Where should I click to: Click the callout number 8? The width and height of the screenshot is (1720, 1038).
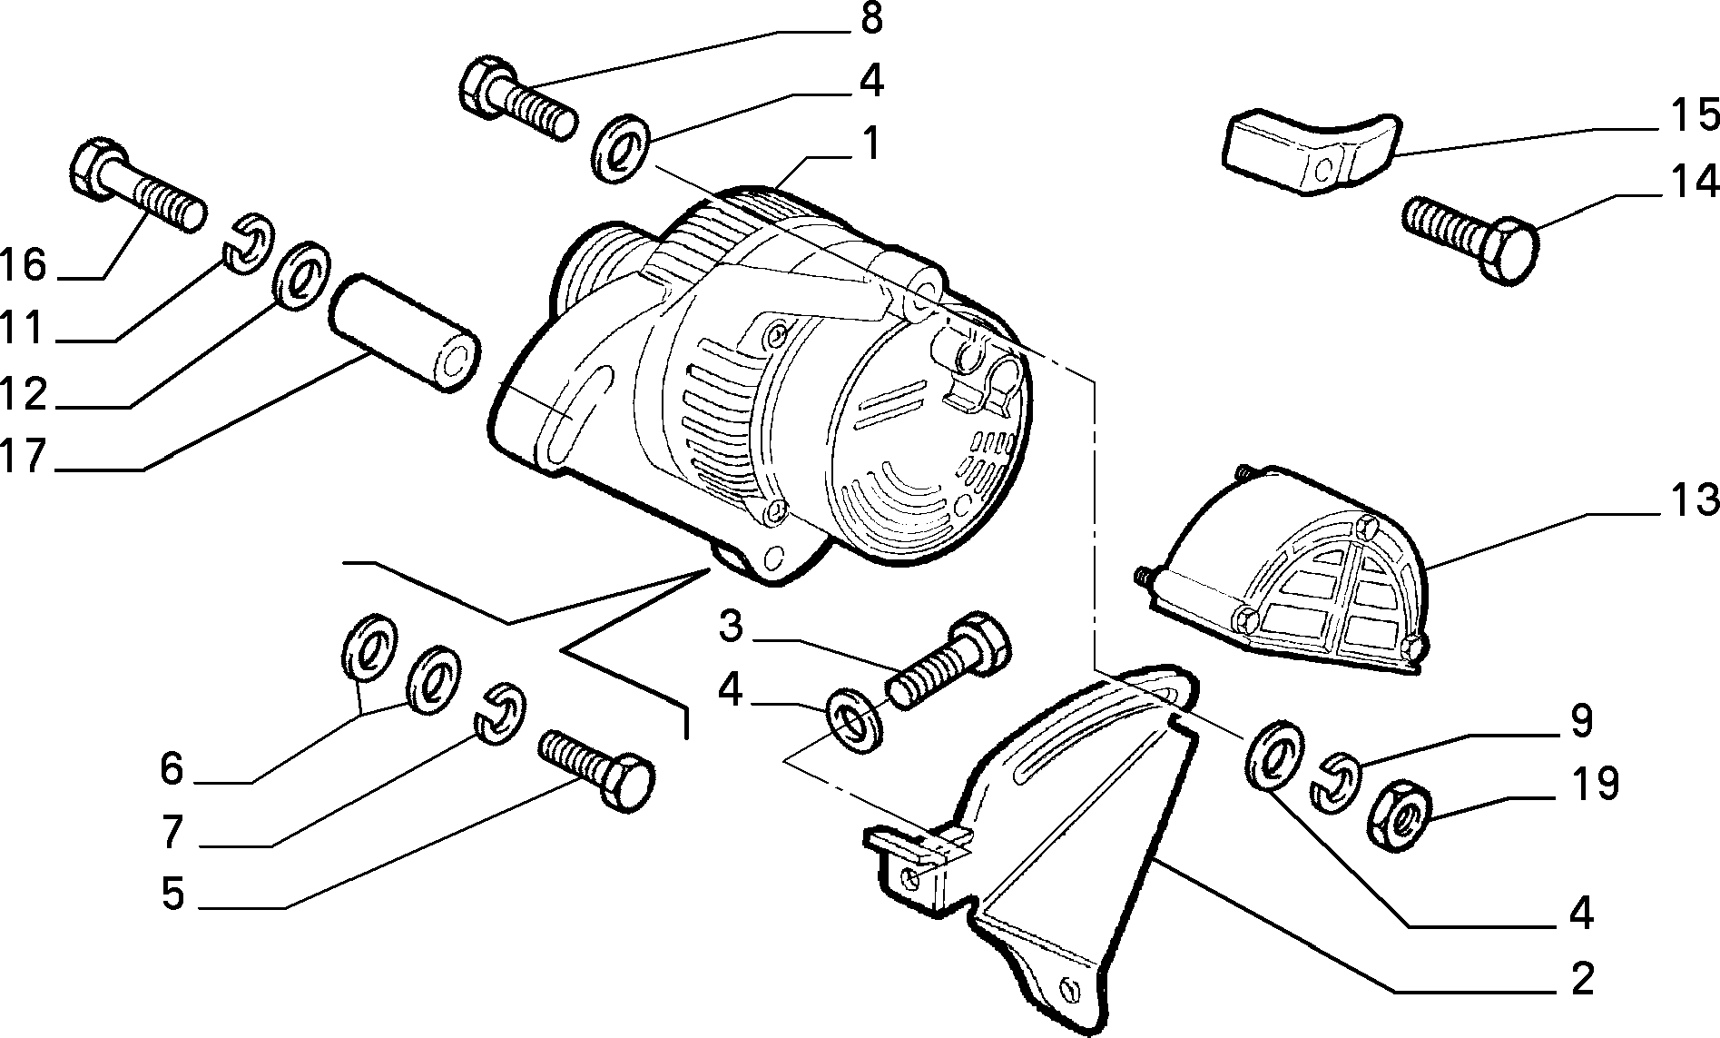click(870, 19)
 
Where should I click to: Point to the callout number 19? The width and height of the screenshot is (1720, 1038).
click(1594, 783)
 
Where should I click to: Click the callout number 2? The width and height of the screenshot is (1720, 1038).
click(1582, 981)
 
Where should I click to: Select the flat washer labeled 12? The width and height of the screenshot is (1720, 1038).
click(302, 275)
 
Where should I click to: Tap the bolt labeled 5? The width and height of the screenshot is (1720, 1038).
click(595, 771)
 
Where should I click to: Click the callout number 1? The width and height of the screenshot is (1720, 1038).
click(870, 143)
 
